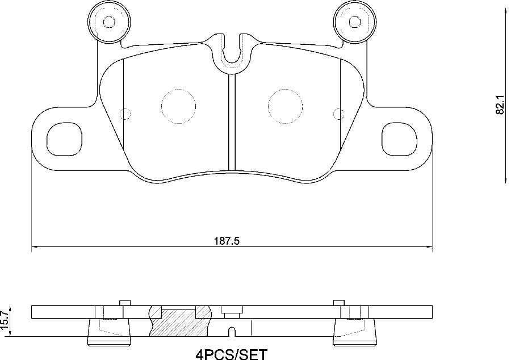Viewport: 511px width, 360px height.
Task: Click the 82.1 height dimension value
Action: click(500, 105)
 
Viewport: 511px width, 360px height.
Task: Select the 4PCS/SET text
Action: click(231, 354)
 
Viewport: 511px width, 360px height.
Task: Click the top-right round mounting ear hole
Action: click(355, 22)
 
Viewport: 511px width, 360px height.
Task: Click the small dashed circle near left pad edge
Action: click(126, 114)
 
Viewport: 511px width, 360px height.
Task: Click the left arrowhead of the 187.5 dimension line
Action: click(34, 247)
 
